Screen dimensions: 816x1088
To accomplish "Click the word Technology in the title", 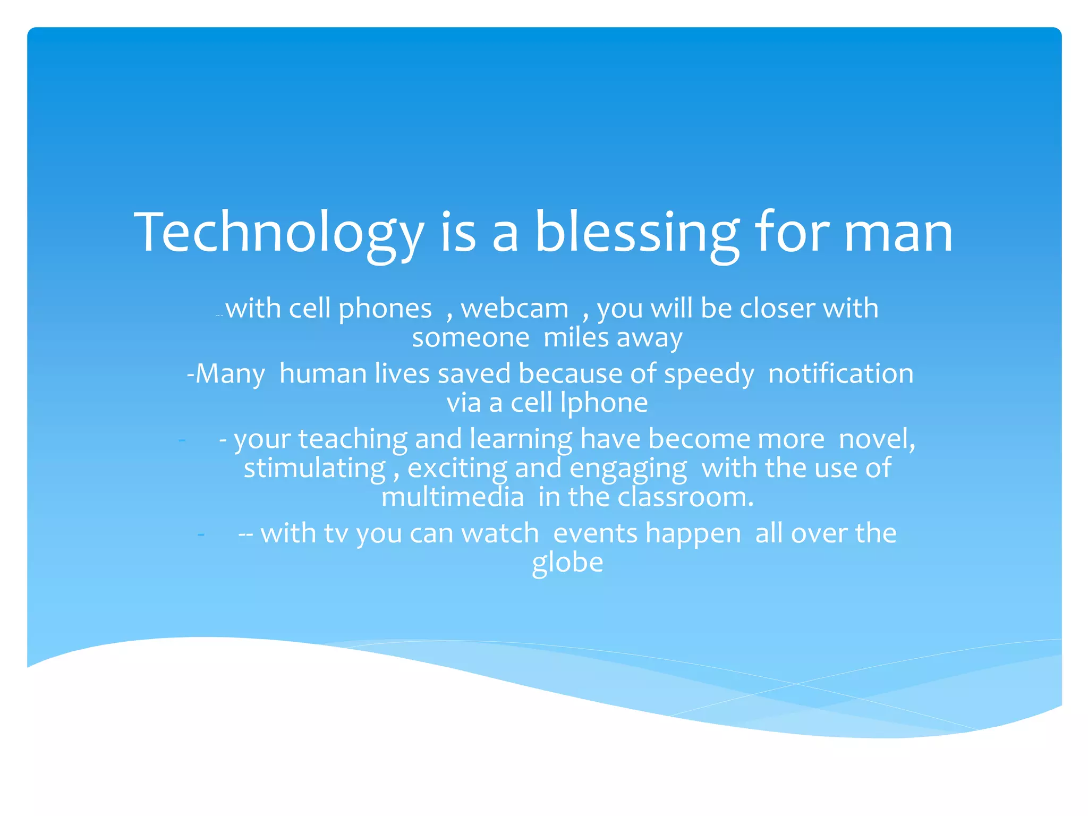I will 279,233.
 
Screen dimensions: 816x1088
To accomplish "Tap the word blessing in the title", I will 636,233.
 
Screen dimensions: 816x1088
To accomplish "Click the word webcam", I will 514,309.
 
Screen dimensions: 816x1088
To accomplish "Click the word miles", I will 576,338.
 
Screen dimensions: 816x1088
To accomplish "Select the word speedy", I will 709,374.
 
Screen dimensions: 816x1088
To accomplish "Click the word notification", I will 840,373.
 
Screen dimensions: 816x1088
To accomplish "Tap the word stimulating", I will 314,469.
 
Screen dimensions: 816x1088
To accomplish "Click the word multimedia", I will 453,497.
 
